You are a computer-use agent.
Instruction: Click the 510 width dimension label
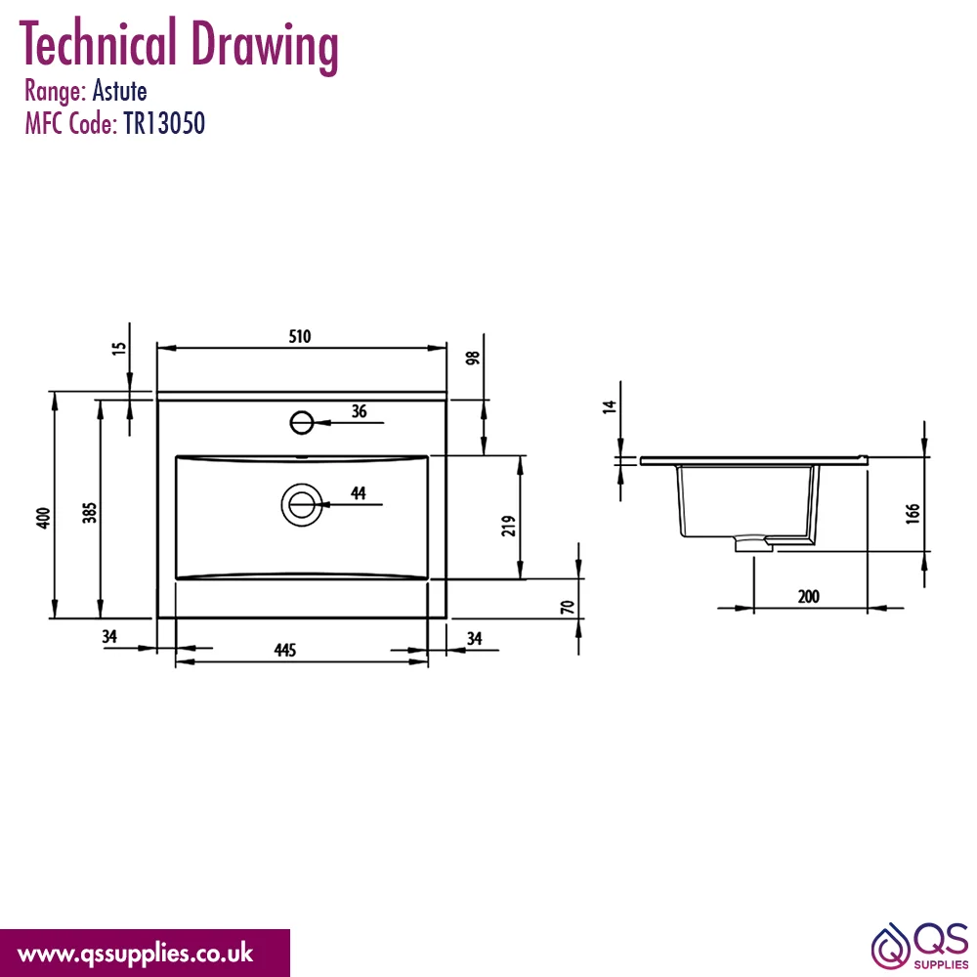[x=300, y=336]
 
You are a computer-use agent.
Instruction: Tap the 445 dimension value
[x=284, y=650]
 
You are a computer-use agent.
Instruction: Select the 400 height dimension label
[x=43, y=518]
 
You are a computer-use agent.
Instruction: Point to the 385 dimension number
[x=90, y=513]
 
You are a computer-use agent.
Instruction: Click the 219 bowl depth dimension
[x=509, y=526]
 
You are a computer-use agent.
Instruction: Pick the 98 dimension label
[x=473, y=358]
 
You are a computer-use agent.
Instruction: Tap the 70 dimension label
[x=567, y=607]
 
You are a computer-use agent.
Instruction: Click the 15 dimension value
[x=119, y=348]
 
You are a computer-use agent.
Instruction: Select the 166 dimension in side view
[x=913, y=514]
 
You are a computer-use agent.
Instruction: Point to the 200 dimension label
[x=809, y=596]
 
